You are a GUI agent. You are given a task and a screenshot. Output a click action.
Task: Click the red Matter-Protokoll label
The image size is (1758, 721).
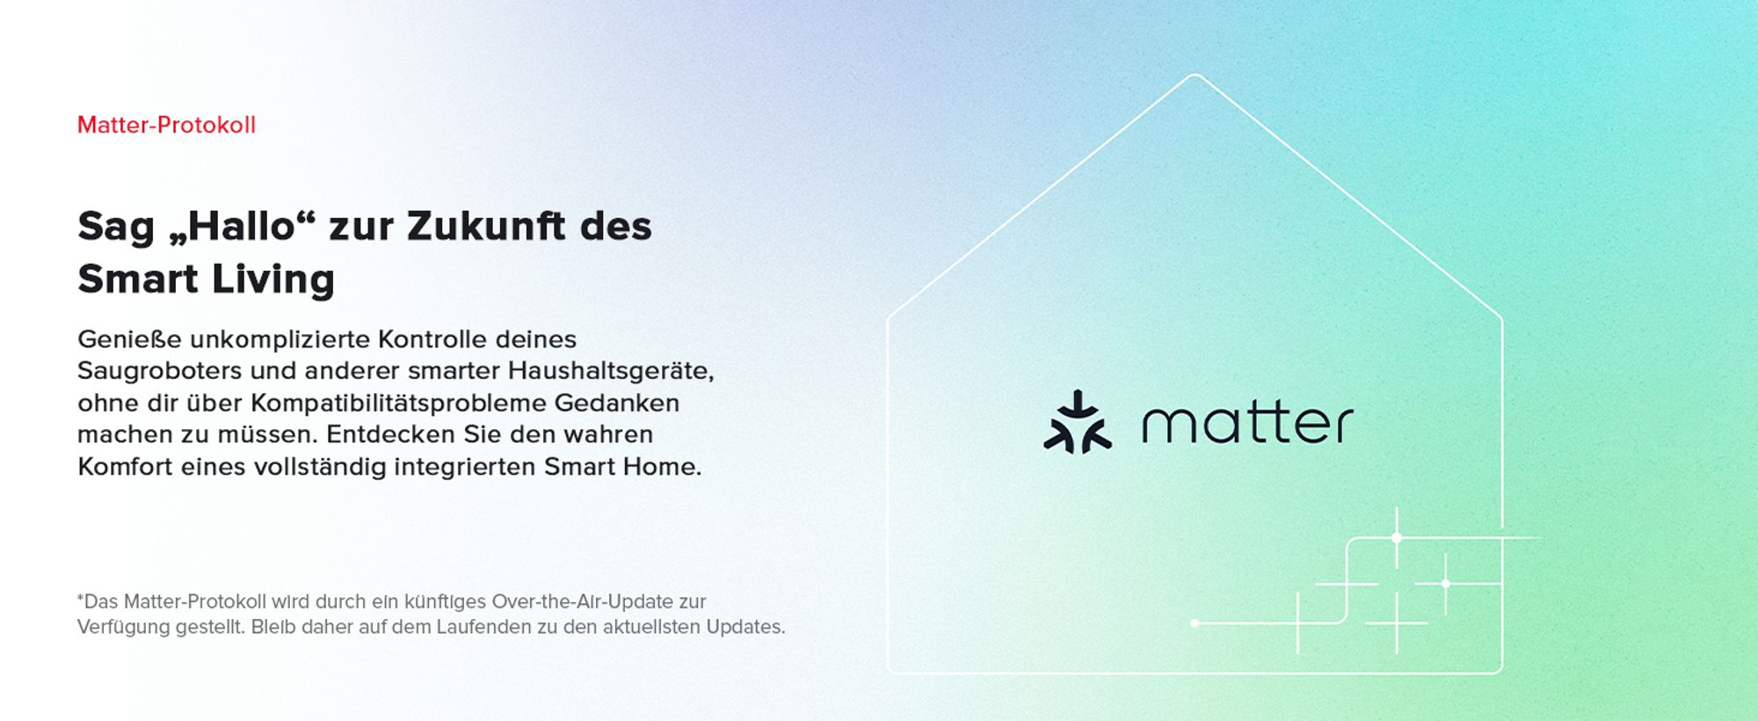pyautogui.click(x=166, y=125)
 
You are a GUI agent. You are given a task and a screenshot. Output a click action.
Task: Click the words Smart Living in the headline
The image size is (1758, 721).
pyautogui.click(x=207, y=280)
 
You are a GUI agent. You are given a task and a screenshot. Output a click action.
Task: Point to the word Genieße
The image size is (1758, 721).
pyautogui.click(x=129, y=339)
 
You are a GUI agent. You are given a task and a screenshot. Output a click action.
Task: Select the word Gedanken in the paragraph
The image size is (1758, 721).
pyautogui.click(x=617, y=403)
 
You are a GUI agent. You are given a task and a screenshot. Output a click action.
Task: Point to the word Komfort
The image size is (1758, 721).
pyautogui.click(x=125, y=467)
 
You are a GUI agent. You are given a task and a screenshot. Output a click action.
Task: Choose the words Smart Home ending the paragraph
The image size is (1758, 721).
pyautogui.click(x=622, y=467)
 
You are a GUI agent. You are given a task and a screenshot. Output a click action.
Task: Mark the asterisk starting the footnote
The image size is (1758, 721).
pyautogui.click(x=80, y=598)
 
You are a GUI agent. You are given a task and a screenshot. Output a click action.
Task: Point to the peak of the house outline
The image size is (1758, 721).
pyautogui.click(x=1195, y=75)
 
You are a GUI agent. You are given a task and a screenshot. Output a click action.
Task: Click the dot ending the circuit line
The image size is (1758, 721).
pyautogui.click(x=1195, y=623)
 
